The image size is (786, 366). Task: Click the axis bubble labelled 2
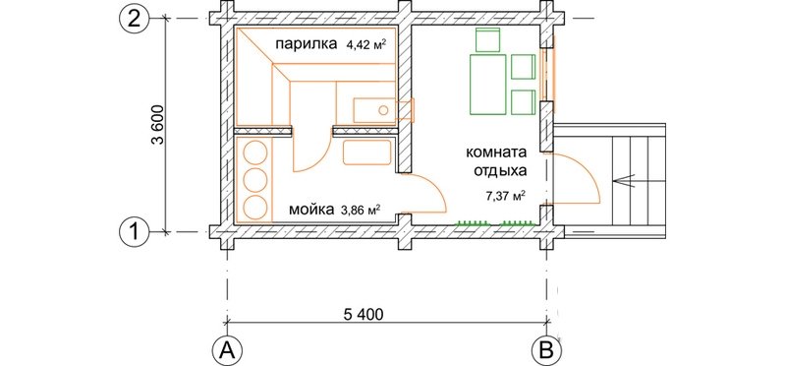[x=134, y=19]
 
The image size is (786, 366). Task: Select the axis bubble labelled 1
[x=134, y=232]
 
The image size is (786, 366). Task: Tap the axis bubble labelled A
[x=227, y=349]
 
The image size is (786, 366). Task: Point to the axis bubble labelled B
[x=547, y=349]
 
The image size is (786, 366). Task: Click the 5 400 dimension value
[x=364, y=314]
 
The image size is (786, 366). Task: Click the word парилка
[x=306, y=44]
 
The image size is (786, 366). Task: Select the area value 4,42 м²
[x=365, y=44]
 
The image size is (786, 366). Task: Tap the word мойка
[x=310, y=209]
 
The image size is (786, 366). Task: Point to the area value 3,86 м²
[x=360, y=209]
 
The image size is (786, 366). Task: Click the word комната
[x=496, y=152]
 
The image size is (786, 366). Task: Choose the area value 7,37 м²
[x=505, y=196]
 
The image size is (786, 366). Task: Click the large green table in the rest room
[x=487, y=85]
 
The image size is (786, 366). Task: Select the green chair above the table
[x=487, y=40]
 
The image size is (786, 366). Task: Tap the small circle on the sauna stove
[x=383, y=110]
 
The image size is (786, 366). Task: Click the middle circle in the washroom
[x=254, y=179]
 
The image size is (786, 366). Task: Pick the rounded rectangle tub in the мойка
[x=366, y=152]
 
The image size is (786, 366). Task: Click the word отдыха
[x=501, y=171]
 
